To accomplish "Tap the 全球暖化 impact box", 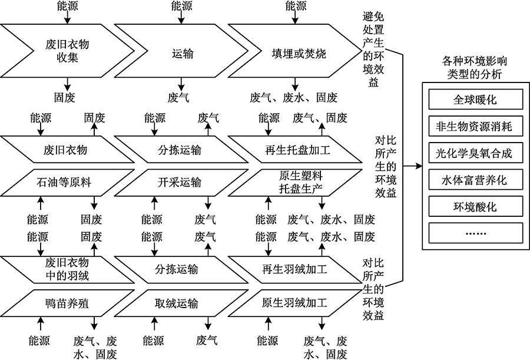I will (475, 100).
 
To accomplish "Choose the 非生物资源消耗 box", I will (475, 127).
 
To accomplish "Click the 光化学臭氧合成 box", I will (475, 154).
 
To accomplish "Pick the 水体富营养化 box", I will (475, 180).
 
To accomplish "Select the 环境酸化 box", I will (475, 207).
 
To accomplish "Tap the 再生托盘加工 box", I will (294, 150).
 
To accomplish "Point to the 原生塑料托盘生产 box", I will (294, 183).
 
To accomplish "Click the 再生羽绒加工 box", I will (294, 270).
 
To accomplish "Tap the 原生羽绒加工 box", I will (294, 303).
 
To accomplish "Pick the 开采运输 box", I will (179, 183).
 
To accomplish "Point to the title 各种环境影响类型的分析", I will (475, 67).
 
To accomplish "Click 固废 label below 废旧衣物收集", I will (65, 97).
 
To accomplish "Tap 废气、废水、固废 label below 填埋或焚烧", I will (293, 97).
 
